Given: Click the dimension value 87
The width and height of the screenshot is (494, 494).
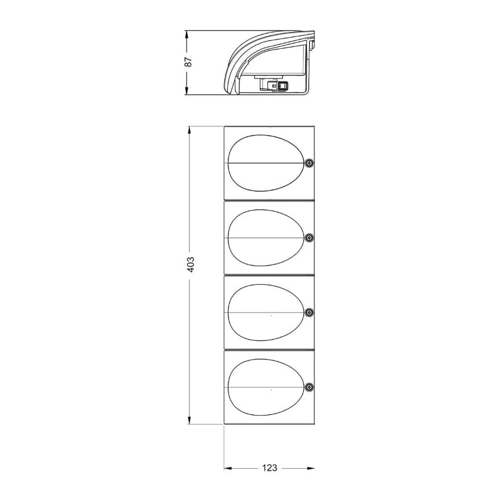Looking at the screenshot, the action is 188,62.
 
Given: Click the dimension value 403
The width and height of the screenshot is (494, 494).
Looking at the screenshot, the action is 191,265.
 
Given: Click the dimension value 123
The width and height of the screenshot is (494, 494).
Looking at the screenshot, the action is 270,468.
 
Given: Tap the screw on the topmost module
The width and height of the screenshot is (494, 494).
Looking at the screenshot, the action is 310,163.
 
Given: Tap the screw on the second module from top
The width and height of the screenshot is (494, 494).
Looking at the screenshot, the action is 310,238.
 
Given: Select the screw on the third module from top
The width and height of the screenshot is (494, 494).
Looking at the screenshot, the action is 310,312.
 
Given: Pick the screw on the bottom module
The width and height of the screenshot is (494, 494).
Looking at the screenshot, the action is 310,387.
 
